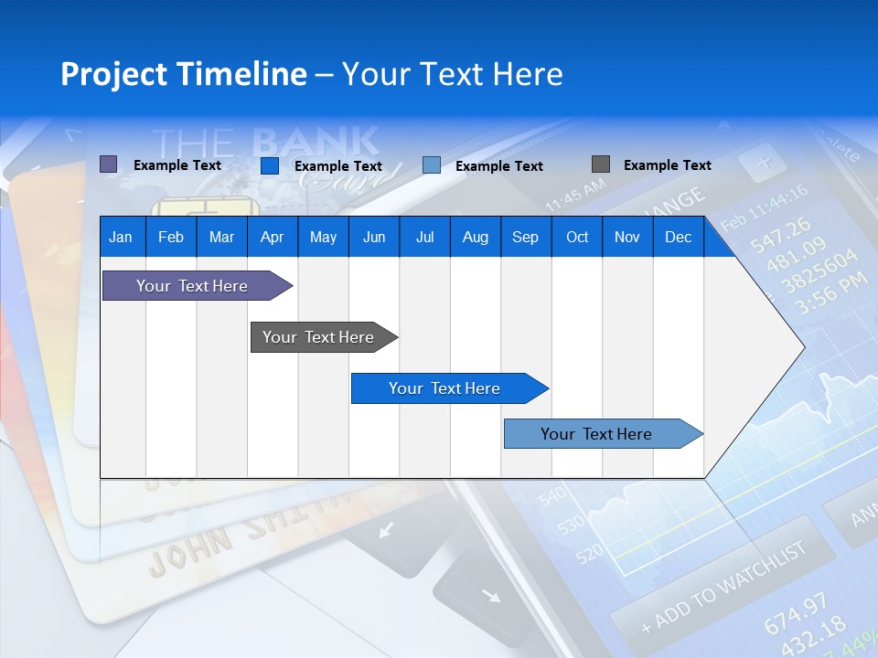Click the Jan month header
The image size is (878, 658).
coord(121,237)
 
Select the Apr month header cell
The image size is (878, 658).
coord(272,237)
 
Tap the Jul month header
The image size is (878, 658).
coord(424,237)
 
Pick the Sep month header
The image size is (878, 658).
coord(525,237)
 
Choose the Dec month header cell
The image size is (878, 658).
coord(678,237)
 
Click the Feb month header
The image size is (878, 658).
coord(171,237)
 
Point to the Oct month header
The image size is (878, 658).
coord(577,237)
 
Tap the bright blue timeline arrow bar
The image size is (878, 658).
coord(445,388)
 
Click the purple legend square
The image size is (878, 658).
coord(108,164)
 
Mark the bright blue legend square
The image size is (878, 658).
coord(270,165)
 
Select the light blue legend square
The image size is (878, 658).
coord(432,165)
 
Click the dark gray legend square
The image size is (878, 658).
coord(600,164)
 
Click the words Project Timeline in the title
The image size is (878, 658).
coord(184,74)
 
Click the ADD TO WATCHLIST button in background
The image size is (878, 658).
coord(723,585)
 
